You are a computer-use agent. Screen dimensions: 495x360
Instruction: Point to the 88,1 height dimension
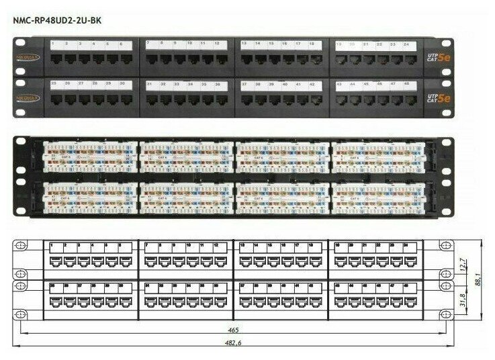pyautogui.click(x=478, y=277)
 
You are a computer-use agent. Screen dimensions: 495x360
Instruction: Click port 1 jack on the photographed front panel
pyautogui.click(x=54, y=58)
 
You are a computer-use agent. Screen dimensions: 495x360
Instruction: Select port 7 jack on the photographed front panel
pyautogui.click(x=149, y=58)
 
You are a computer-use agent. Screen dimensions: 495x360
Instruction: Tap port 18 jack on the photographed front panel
pyautogui.click(x=313, y=59)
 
